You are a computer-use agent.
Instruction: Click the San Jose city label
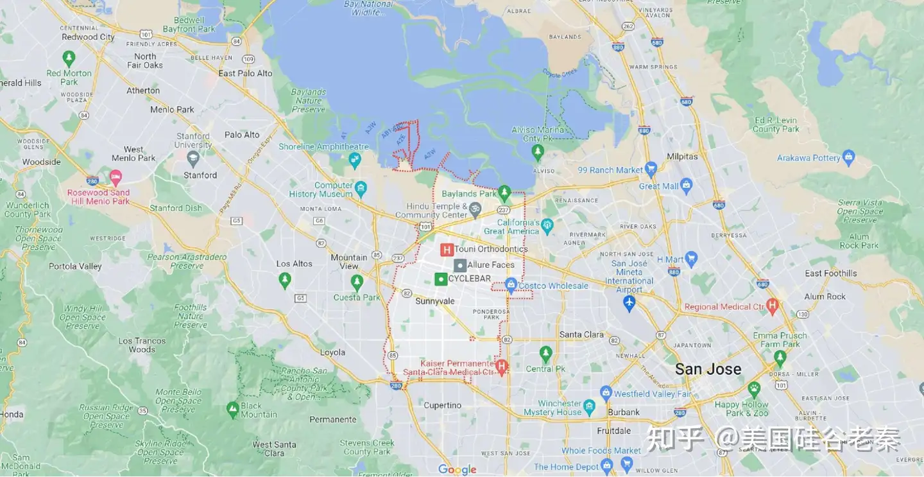click(708, 369)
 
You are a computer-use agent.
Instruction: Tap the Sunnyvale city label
click(434, 301)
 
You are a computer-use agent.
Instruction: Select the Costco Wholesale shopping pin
click(511, 284)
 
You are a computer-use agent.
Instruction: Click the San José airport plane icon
click(629, 303)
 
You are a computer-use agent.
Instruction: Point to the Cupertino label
click(442, 405)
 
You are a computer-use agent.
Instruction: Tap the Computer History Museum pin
click(361, 188)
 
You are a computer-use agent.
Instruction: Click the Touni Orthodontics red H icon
click(447, 250)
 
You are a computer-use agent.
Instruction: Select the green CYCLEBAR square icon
click(441, 279)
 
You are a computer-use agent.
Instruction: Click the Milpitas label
click(682, 156)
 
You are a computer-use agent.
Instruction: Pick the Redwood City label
click(88, 37)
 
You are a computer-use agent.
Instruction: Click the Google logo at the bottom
click(458, 469)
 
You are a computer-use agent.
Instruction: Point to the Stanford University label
click(193, 140)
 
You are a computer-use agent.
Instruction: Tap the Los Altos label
click(294, 264)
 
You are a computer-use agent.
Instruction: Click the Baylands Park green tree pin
click(504, 192)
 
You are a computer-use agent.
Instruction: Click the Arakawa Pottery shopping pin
click(849, 157)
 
